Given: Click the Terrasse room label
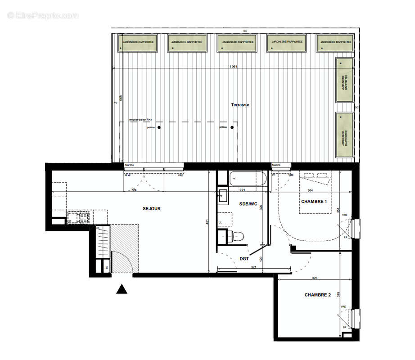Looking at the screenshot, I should click(240, 105).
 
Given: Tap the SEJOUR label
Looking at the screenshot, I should click(152, 208).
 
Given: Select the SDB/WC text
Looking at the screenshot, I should click(248, 204).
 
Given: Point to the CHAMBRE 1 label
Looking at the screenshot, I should click(313, 202).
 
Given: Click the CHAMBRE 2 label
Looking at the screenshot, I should click(317, 295).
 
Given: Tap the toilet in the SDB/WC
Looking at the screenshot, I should click(235, 236).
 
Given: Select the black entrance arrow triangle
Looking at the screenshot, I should click(122, 289).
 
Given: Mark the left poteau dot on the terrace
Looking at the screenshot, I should click(159, 128).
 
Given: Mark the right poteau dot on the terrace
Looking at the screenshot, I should click(232, 128).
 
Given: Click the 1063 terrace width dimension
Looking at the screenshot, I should click(233, 67).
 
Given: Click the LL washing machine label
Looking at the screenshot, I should click(220, 223).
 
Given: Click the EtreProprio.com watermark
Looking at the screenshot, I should click(43, 15).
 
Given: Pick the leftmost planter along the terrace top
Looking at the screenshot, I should click(138, 43).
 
